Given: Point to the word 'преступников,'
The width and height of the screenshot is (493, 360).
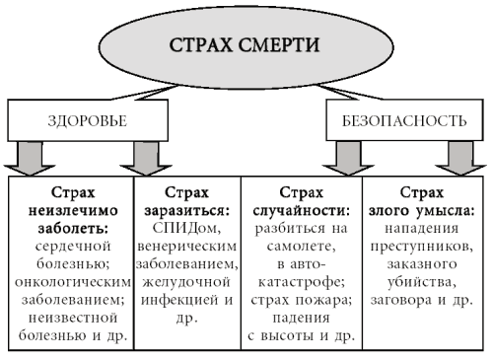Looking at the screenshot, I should point(426,246).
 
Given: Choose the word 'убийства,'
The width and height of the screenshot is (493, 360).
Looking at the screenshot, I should point(426,281).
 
